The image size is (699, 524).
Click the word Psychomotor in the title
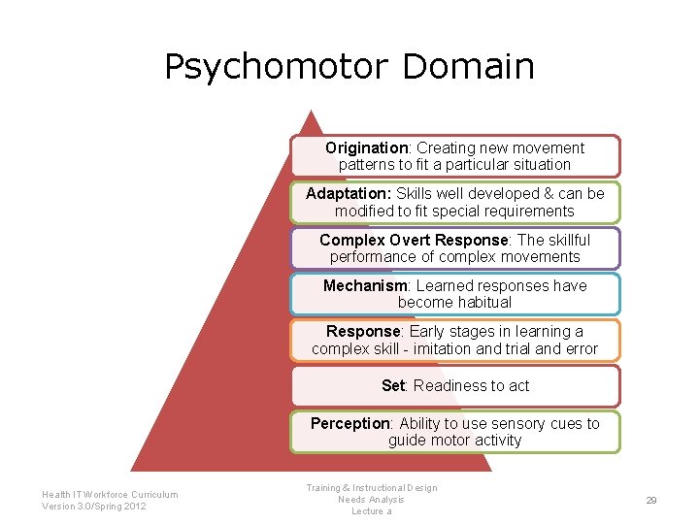(x=277, y=68)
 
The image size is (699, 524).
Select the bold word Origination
(x=367, y=148)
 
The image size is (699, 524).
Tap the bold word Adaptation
(x=348, y=194)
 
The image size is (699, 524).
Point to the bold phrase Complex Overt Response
(x=414, y=240)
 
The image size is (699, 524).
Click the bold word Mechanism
(x=365, y=285)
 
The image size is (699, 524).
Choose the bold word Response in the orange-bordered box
(x=363, y=332)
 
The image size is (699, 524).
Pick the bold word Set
(x=392, y=386)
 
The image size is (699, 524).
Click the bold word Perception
(x=349, y=423)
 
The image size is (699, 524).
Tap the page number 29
(x=651, y=500)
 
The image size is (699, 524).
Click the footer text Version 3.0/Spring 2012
(x=94, y=507)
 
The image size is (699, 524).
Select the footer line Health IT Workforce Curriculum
(x=110, y=494)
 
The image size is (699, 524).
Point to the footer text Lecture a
(x=371, y=511)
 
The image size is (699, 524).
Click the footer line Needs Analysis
(x=371, y=500)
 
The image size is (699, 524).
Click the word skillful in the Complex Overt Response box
(x=568, y=240)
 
